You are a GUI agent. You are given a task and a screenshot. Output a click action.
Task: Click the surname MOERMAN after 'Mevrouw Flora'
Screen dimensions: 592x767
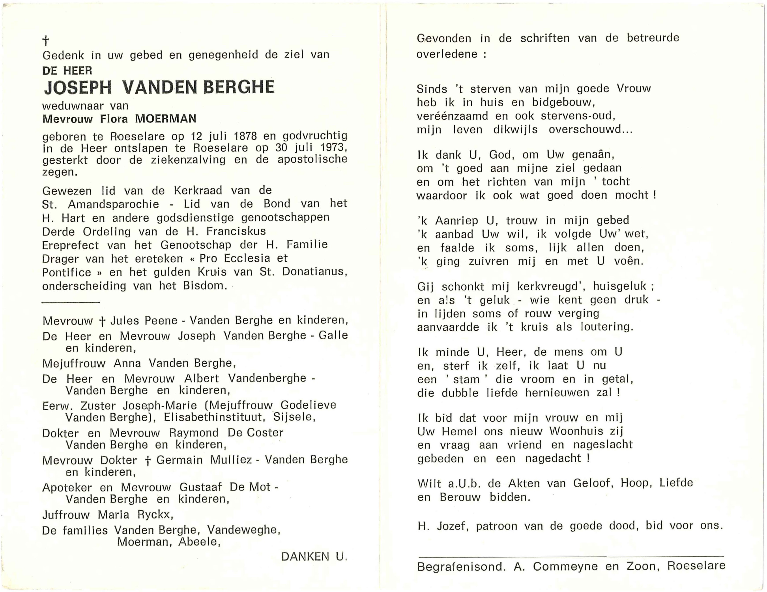click(166, 119)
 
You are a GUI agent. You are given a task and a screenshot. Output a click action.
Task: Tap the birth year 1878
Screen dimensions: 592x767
click(245, 136)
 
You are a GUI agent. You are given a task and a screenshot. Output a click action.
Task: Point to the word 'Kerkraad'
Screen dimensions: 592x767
click(198, 191)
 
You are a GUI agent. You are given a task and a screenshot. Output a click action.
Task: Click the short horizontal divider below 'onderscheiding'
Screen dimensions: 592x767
click(71, 302)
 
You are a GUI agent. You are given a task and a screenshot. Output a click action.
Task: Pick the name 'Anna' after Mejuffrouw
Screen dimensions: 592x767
click(127, 363)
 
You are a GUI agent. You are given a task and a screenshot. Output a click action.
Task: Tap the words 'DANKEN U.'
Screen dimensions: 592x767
click(314, 557)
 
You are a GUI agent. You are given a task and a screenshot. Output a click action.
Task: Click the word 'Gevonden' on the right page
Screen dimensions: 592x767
click(444, 38)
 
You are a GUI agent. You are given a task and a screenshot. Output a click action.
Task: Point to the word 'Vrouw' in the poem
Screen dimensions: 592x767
click(634, 88)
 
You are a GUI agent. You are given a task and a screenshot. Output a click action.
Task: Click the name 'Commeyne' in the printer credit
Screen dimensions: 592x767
click(565, 566)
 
